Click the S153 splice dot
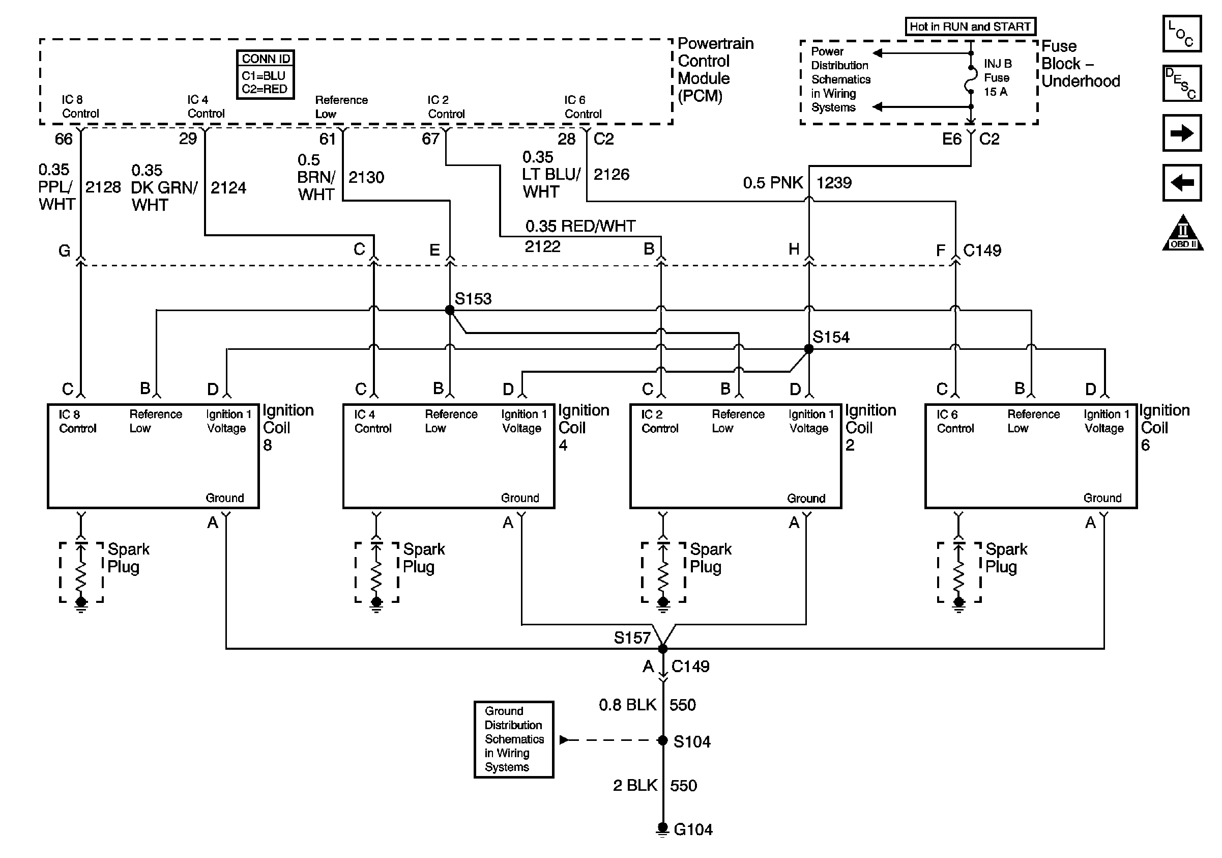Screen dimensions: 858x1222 tap(450, 310)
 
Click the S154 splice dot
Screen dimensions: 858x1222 tap(808, 349)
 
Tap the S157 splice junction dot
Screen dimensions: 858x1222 tap(662, 649)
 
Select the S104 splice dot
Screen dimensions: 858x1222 tap(662, 740)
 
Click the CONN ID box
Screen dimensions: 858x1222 tap(265, 74)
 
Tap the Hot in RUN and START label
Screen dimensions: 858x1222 tap(970, 26)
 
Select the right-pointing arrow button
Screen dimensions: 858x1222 tap(1181, 133)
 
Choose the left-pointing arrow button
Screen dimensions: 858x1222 tap(1181, 183)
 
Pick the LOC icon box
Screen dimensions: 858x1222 tap(1181, 34)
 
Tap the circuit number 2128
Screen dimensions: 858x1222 tap(103, 187)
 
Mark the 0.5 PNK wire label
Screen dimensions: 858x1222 tap(772, 183)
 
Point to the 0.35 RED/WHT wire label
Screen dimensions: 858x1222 tap(580, 227)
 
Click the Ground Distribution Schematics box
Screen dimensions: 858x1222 tap(514, 739)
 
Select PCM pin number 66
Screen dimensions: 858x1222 tap(63, 139)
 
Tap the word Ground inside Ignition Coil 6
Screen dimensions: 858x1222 tap(1102, 498)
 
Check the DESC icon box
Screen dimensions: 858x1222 tap(1181, 84)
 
